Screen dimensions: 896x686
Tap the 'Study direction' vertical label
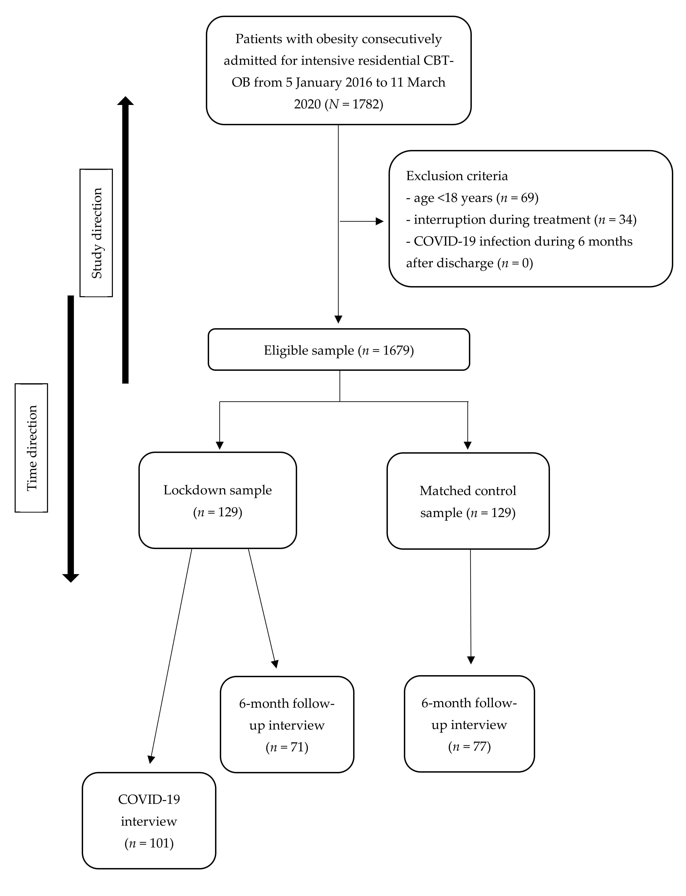coord(96,233)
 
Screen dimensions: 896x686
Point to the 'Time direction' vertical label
coord(31,448)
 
